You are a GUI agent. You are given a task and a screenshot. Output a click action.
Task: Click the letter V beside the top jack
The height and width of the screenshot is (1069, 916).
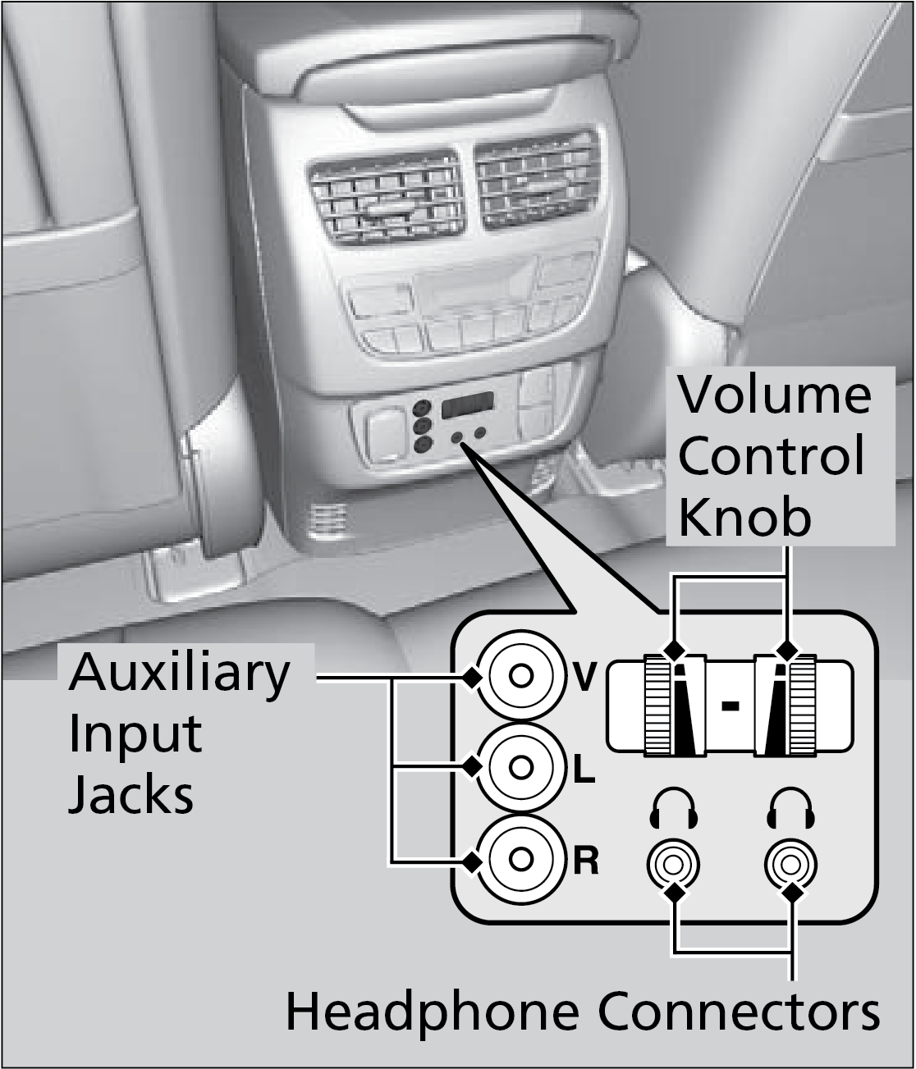[x=584, y=678]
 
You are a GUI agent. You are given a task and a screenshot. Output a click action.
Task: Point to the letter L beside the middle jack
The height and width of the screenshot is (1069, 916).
[x=583, y=769]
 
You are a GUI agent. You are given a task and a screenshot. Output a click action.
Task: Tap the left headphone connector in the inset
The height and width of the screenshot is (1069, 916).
[x=673, y=864]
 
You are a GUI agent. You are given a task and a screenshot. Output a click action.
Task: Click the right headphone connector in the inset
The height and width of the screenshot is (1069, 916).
[x=790, y=864]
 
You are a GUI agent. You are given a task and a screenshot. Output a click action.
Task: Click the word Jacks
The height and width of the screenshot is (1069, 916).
[x=131, y=793]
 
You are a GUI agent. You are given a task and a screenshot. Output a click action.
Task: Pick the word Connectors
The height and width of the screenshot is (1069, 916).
[x=739, y=1011]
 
